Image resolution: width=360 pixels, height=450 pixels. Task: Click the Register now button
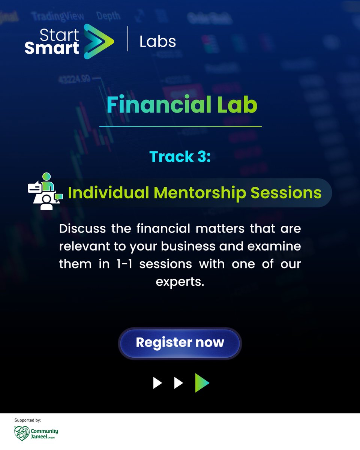click(180, 343)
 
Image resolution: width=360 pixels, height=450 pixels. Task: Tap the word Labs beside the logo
click(157, 42)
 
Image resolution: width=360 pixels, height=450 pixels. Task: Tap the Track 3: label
click(180, 156)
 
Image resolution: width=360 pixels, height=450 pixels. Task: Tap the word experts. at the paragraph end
click(180, 281)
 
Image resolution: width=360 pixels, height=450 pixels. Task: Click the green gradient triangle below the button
click(201, 383)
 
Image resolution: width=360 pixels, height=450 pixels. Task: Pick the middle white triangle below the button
click(178, 383)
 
